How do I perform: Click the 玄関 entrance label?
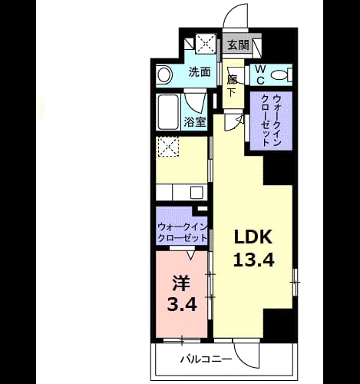[x=238, y=45]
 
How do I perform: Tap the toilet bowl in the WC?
[x=279, y=75]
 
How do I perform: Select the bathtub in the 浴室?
[x=168, y=112]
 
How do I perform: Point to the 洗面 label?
[x=200, y=72]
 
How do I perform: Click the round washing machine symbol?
[x=164, y=74]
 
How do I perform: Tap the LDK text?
[x=253, y=237]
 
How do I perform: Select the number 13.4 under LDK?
[x=253, y=260]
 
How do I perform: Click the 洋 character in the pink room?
[x=181, y=283]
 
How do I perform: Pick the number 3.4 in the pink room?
[x=182, y=304]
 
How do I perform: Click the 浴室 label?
[x=195, y=122]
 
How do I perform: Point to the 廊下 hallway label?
[x=232, y=86]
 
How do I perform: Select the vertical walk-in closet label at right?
[x=271, y=121]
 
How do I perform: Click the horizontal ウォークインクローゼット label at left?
[x=183, y=233]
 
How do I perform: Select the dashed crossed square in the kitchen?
[x=167, y=147]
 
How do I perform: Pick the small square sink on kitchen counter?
[x=197, y=192]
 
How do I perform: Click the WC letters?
[x=260, y=74]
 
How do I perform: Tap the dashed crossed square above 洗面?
[x=206, y=44]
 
